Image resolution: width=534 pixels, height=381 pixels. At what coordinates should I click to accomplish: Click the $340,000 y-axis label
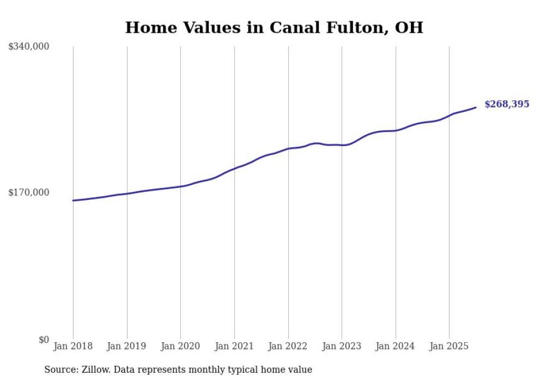29,47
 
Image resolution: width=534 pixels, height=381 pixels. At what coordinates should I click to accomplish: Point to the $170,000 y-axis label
29,192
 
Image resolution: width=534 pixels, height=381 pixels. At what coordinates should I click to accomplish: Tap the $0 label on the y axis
44,340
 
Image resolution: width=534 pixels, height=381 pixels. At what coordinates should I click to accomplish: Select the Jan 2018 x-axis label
73,346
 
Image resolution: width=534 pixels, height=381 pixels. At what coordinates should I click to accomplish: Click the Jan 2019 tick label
127,346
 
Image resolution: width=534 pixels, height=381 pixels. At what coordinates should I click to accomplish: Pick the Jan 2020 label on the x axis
180,346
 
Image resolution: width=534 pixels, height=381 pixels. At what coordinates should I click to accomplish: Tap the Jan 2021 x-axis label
234,346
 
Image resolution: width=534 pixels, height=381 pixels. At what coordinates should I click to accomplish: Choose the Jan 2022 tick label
288,346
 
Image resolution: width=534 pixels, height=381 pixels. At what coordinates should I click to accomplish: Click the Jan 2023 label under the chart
342,346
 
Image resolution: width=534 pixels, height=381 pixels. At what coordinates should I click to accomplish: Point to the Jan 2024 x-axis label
396,346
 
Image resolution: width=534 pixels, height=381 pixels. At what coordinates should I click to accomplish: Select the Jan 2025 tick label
449,346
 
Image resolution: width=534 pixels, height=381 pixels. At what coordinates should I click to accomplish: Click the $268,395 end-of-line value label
506,104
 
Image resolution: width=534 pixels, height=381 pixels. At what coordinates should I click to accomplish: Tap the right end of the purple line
476,107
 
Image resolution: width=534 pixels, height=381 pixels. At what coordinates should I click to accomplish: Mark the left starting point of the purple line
74,201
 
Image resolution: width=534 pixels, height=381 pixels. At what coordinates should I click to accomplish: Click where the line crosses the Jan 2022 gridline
288,148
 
